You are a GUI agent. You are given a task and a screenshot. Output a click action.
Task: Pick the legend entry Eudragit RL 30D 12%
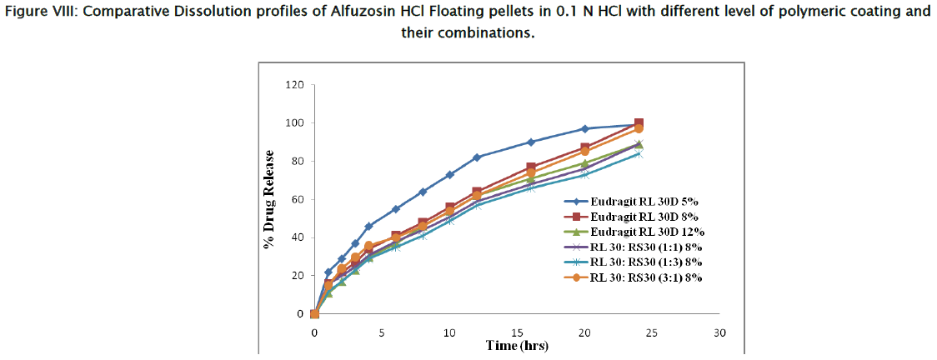pyautogui.click(x=643, y=232)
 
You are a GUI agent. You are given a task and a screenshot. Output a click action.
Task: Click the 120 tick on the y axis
pyautogui.click(x=293, y=85)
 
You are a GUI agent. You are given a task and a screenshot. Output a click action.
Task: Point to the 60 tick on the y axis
pyautogui.click(x=297, y=200)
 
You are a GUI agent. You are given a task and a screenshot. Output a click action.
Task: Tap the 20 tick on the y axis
pyautogui.click(x=297, y=276)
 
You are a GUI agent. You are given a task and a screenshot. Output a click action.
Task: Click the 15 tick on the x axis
pyautogui.click(x=517, y=332)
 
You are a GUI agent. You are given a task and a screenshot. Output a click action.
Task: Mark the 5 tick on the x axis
pyautogui.click(x=382, y=332)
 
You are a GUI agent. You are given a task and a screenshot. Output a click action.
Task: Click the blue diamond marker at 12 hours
pyautogui.click(x=477, y=157)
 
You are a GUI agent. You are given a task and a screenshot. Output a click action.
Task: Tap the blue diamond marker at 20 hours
pyautogui.click(x=585, y=128)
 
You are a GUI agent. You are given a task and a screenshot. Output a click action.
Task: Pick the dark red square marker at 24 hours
pyautogui.click(x=639, y=123)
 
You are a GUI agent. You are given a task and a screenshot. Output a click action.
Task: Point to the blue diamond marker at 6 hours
pyautogui.click(x=396, y=209)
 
